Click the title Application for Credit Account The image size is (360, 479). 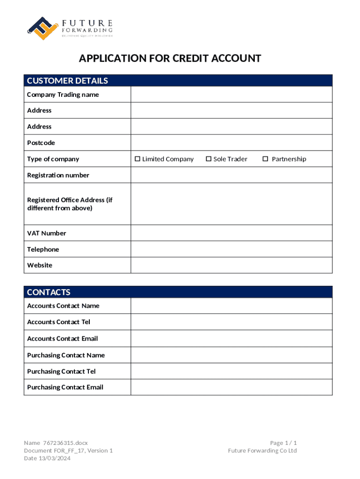[170, 58]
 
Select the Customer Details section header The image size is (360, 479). [67, 81]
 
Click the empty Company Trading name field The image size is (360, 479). [231, 94]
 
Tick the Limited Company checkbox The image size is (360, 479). [137, 159]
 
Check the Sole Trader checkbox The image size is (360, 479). [209, 159]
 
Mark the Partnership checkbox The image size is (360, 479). [265, 159]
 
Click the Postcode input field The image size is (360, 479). [231, 143]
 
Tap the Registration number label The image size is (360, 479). [58, 175]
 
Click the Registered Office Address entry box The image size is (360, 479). [231, 203]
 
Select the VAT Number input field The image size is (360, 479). [231, 233]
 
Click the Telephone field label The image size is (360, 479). [43, 249]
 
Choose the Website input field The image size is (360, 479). [231, 265]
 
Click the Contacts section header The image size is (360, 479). [49, 292]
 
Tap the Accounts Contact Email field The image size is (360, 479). [231, 339]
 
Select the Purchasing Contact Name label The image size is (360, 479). [66, 355]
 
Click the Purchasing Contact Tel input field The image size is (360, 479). [231, 371]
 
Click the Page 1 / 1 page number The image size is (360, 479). [283, 443]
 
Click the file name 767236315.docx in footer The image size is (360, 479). [65, 443]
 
